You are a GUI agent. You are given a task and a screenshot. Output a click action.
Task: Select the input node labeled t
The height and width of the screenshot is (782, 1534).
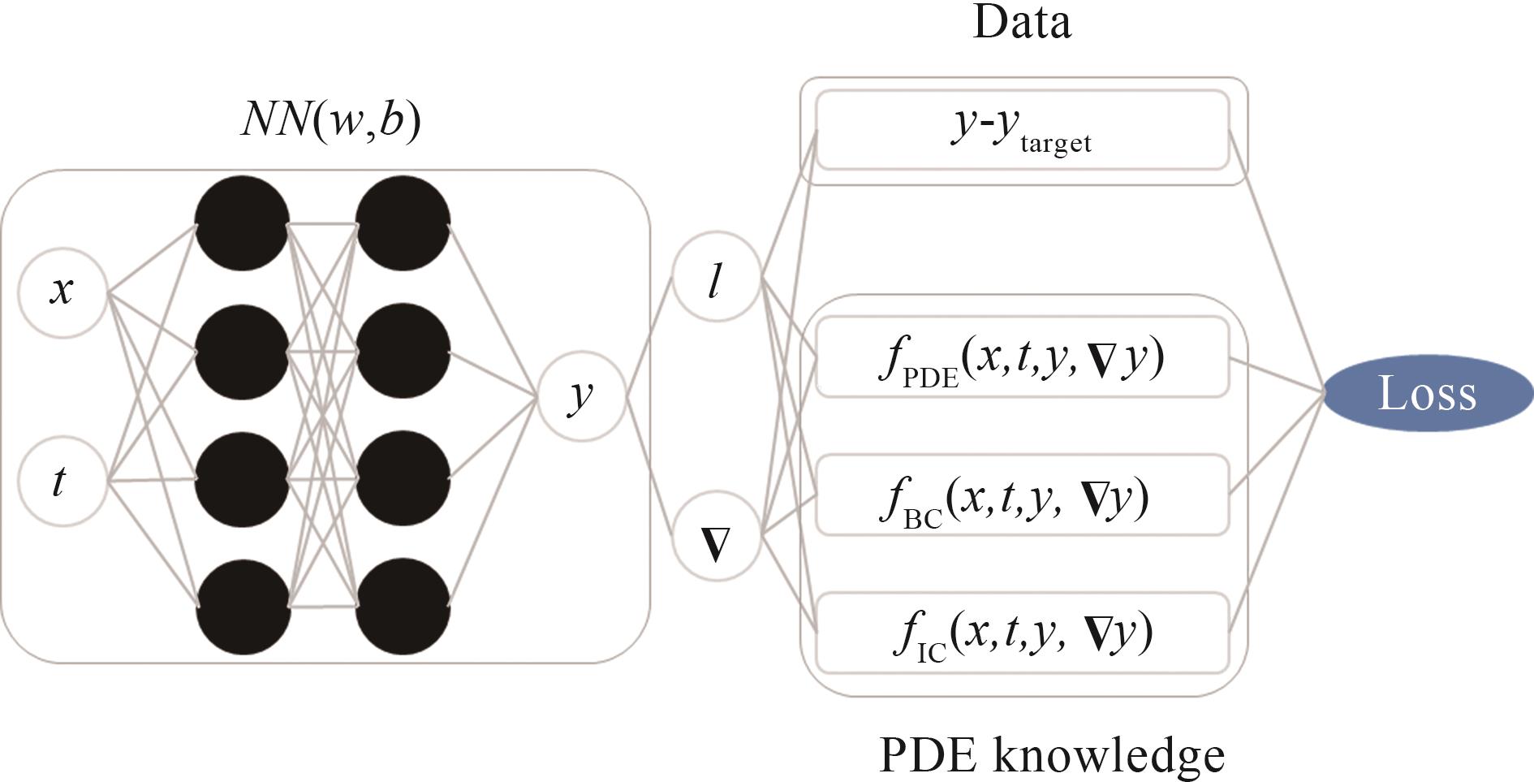[62, 482]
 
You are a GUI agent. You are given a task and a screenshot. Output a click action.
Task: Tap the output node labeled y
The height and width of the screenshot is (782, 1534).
[581, 396]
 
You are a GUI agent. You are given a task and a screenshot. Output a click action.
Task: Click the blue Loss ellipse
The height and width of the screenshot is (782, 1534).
[1428, 393]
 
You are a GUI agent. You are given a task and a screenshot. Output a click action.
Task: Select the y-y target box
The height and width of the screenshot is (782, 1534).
[1022, 130]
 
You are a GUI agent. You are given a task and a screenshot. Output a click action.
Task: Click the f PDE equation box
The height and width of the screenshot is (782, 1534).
[1022, 357]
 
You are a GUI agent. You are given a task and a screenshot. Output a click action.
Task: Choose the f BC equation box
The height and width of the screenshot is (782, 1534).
[1022, 495]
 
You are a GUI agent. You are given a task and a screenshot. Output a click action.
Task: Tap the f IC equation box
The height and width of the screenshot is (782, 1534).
[1022, 633]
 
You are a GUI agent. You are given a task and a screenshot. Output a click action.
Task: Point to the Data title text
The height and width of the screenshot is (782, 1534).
[1022, 22]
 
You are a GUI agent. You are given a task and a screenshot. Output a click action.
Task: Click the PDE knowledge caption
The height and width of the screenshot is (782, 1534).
[1052, 754]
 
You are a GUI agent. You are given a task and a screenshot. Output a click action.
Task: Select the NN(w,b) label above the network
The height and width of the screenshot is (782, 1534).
[331, 120]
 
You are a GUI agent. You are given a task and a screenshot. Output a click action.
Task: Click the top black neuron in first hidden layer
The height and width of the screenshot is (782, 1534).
[242, 223]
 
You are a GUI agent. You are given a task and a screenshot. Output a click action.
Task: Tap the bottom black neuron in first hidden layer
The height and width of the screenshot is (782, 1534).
[242, 607]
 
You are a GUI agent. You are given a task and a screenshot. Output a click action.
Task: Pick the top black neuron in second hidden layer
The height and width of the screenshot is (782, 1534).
[403, 223]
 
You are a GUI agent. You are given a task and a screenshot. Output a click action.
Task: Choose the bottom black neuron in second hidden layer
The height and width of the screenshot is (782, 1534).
[403, 607]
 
